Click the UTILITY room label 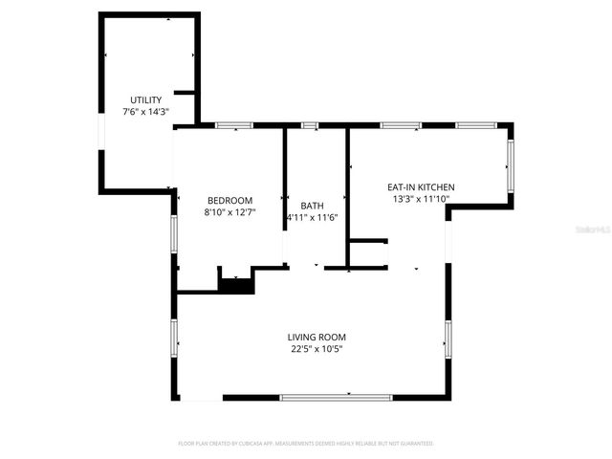point(145,100)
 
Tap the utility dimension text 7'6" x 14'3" point(145,112)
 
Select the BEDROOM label point(229,200)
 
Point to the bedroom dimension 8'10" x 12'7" point(229,212)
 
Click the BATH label point(312,206)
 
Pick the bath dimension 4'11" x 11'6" point(312,218)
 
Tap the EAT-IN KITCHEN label point(420,187)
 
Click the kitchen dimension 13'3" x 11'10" point(420,200)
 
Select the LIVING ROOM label point(317,337)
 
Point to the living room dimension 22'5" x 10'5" point(317,349)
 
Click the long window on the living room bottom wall point(336,397)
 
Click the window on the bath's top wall point(310,125)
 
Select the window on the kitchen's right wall point(510,164)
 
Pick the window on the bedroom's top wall point(232,125)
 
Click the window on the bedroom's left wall point(174,233)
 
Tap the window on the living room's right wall point(448,339)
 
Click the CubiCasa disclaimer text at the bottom point(306,444)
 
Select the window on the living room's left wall point(174,338)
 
